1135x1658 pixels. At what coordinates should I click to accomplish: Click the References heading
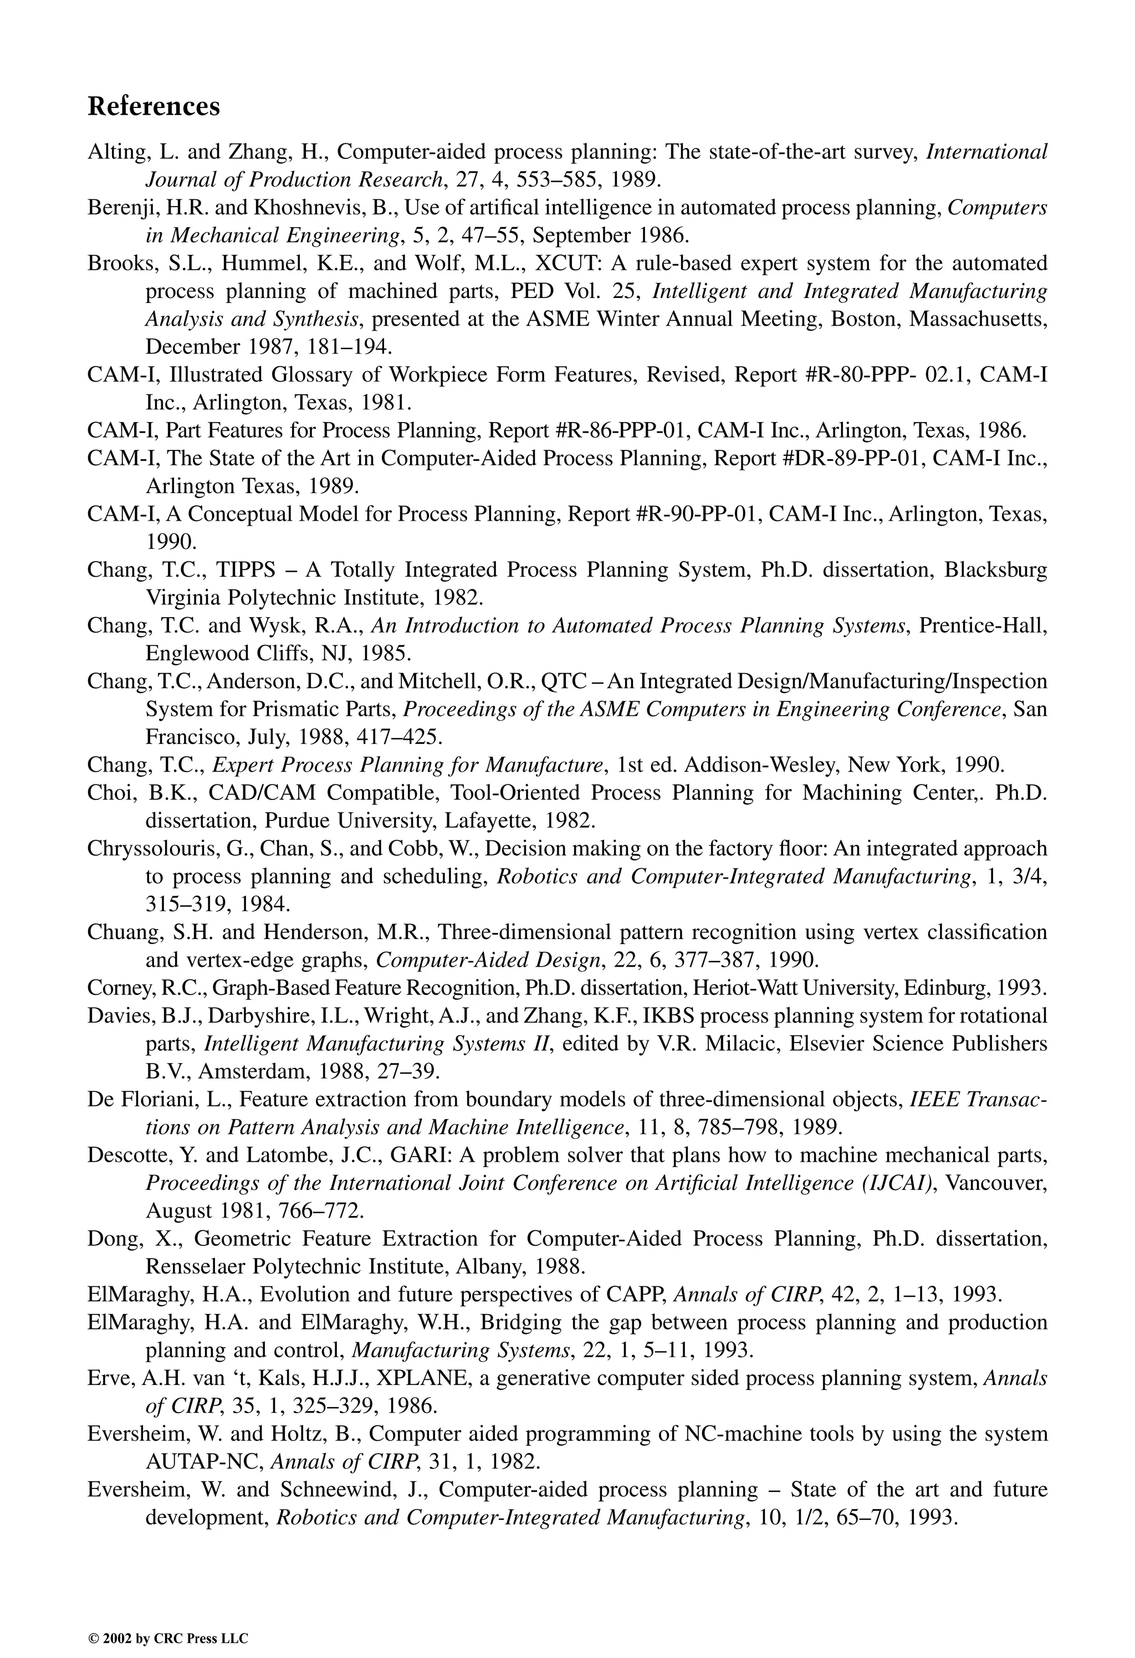point(154,106)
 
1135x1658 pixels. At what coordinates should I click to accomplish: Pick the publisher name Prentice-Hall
point(983,625)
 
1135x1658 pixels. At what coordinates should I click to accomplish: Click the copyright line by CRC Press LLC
point(168,1619)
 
